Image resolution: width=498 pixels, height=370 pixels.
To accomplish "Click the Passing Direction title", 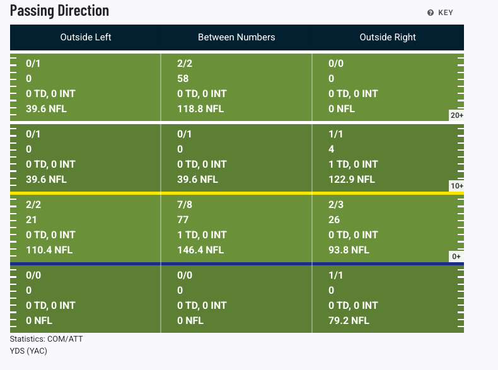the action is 59,11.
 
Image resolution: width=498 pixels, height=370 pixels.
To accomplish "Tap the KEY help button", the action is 440,13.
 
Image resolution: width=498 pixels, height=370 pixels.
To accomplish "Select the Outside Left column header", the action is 86,37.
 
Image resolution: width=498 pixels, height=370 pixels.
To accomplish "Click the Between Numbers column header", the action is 236,37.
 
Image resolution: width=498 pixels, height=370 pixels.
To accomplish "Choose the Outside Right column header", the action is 388,37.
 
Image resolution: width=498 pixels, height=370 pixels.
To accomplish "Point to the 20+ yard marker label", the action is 457,115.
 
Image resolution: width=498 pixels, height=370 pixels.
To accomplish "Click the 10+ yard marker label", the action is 457,186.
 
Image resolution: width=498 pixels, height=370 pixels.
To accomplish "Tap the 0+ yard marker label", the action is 456,257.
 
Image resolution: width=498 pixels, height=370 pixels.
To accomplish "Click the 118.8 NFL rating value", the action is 200,109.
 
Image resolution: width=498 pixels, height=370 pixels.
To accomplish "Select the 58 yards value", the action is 183,78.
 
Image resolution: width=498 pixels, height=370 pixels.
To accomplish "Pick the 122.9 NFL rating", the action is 352,180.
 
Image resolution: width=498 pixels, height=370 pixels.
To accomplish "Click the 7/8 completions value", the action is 185,204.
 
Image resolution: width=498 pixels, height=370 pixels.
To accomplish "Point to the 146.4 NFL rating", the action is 200,250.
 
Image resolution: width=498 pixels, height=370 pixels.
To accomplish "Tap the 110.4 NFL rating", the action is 49,250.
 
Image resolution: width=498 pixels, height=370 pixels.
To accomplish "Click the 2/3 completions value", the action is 336,204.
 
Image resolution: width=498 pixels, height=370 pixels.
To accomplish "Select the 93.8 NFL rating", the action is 349,250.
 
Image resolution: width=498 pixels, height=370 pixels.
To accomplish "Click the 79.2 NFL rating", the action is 349,320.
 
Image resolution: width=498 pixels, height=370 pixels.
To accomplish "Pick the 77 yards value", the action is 183,220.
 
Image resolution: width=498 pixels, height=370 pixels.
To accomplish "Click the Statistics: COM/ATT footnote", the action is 47,339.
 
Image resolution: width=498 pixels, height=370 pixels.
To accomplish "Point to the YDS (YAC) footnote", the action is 28,351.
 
